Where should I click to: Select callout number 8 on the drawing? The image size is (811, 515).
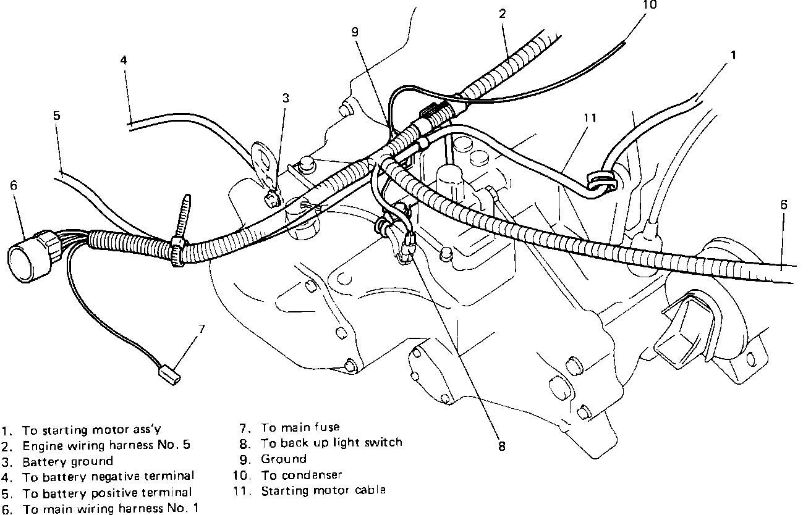501,445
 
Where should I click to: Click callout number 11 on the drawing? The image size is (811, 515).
590,117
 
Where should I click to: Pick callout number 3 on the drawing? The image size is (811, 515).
286,98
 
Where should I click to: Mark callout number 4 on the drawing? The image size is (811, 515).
124,61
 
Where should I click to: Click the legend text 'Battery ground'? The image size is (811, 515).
68,461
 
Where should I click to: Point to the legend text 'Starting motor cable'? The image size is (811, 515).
323,490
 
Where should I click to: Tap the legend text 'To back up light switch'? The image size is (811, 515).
331,442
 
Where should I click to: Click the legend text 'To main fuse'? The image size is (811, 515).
300,427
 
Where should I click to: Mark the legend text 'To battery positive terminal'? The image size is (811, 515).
107,493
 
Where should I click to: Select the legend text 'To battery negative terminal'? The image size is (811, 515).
109,477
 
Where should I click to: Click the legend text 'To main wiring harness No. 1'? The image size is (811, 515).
111,509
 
